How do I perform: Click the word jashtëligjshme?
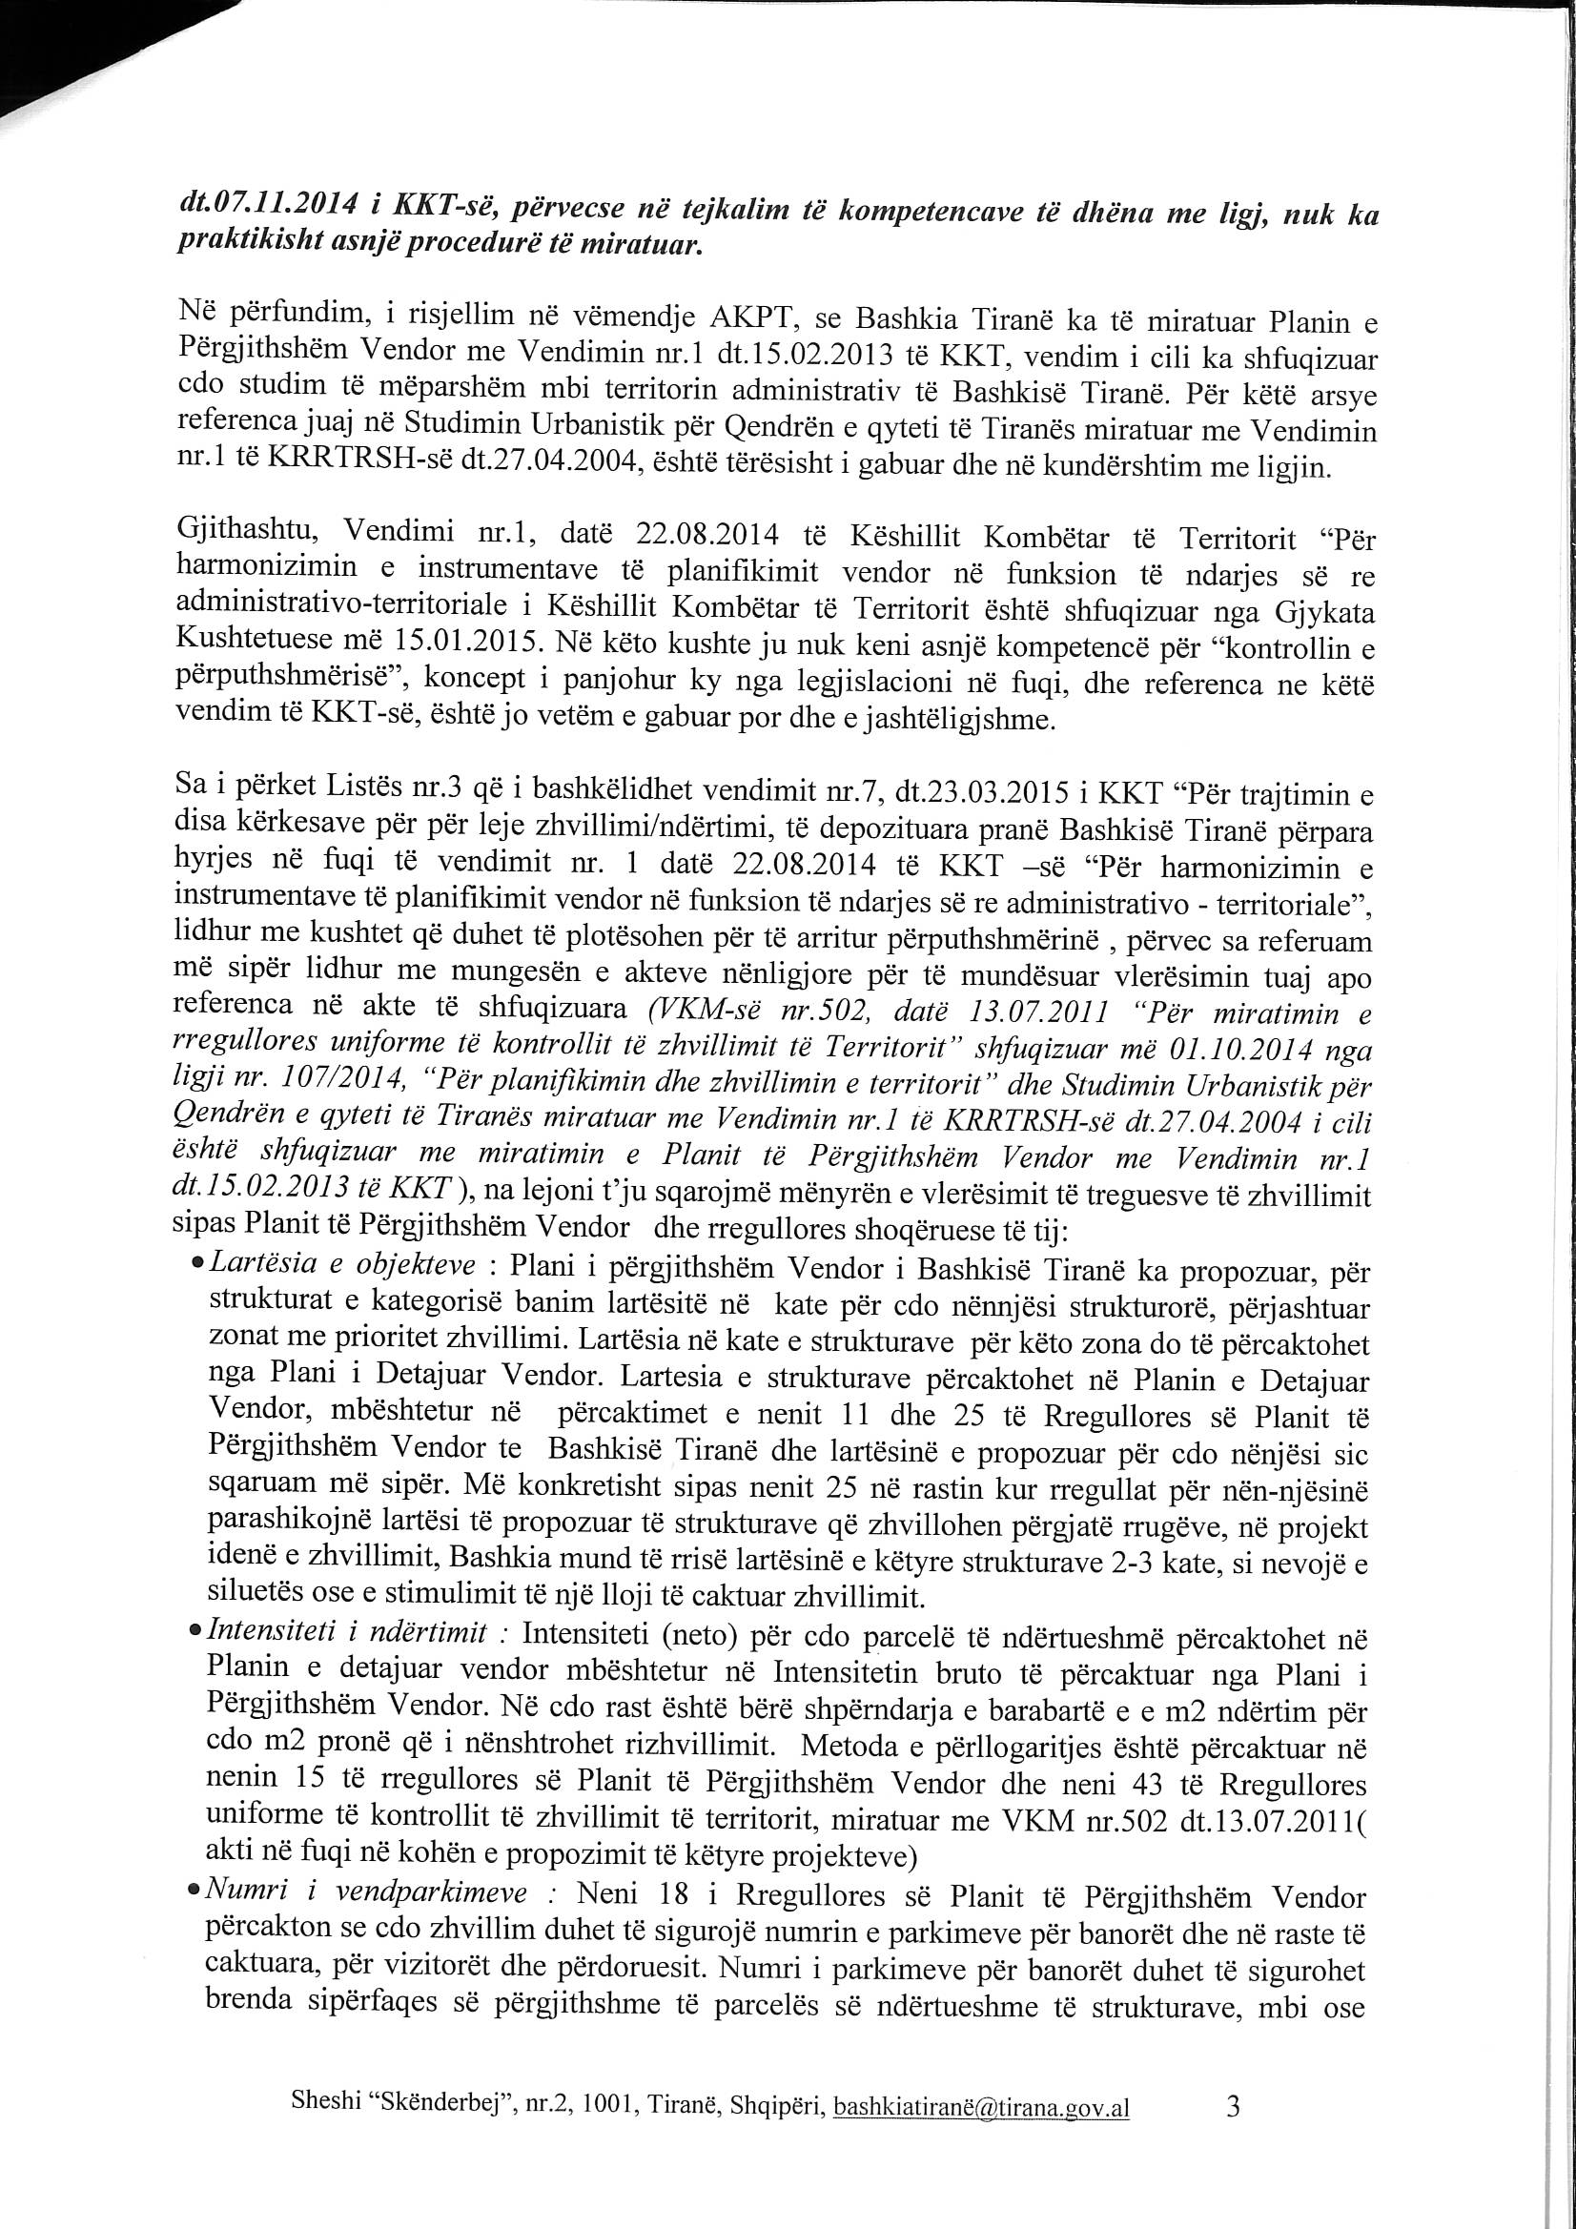coord(952,722)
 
